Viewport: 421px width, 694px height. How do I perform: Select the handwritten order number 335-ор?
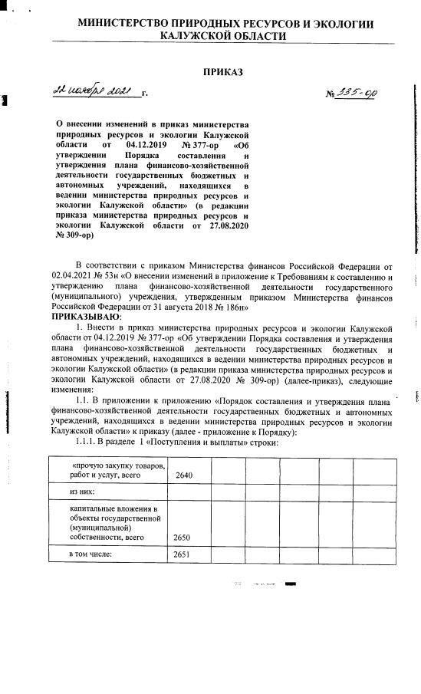(357, 92)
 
